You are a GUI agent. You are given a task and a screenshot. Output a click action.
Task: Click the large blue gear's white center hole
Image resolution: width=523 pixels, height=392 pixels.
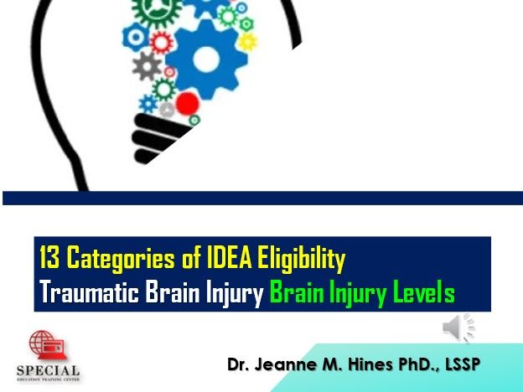(206, 59)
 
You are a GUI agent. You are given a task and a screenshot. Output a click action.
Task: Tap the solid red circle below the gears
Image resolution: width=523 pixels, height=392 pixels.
(188, 103)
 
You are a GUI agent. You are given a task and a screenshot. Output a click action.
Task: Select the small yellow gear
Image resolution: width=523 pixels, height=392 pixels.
(248, 42)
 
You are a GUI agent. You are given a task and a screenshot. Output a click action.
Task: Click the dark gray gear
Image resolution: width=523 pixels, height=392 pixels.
(147, 66)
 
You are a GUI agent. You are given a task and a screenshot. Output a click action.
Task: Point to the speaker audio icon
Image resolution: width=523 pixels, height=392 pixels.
(458, 328)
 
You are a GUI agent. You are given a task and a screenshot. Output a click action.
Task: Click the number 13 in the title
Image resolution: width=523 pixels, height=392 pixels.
(49, 257)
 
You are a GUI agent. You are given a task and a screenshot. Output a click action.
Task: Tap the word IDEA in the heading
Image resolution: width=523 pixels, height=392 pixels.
(229, 257)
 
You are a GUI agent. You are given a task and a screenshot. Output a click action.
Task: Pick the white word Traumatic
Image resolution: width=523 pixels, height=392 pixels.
(89, 291)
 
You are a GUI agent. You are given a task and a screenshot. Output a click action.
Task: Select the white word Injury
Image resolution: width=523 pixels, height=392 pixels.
(235, 293)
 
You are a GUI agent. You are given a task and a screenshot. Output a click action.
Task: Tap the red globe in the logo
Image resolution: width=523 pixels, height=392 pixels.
(42, 343)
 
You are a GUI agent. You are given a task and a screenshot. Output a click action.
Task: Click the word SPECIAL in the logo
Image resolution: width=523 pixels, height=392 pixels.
(49, 371)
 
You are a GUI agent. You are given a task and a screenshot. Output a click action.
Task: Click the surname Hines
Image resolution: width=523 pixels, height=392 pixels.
(370, 364)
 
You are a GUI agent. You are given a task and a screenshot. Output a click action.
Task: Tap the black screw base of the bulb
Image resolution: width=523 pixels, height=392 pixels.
(157, 137)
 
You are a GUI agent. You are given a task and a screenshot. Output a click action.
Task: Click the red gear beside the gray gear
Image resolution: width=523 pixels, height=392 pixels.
(162, 43)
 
